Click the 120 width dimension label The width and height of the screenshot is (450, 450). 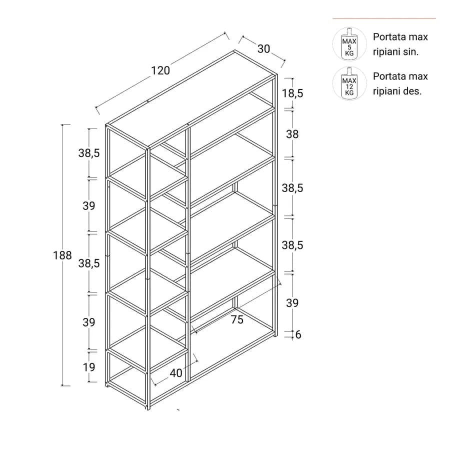(160, 70)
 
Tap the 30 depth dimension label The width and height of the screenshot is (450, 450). (263, 49)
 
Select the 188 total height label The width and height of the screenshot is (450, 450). (62, 255)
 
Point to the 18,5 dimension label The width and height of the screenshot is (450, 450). (292, 93)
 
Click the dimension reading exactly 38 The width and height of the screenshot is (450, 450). (292, 134)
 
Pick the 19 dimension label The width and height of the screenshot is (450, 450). (88, 367)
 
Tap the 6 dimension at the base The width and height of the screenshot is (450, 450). (298, 334)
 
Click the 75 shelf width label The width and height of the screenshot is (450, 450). (237, 319)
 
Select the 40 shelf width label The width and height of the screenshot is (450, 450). (176, 373)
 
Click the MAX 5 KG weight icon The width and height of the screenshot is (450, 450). (349, 44)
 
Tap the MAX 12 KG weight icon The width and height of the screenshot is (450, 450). (349, 83)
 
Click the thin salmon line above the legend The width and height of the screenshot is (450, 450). (384, 18)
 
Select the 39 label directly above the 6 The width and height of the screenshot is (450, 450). (292, 303)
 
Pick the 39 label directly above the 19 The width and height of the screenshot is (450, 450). (88, 322)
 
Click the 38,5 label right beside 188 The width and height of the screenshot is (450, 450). (89, 263)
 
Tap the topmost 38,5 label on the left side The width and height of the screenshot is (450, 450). (89, 153)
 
